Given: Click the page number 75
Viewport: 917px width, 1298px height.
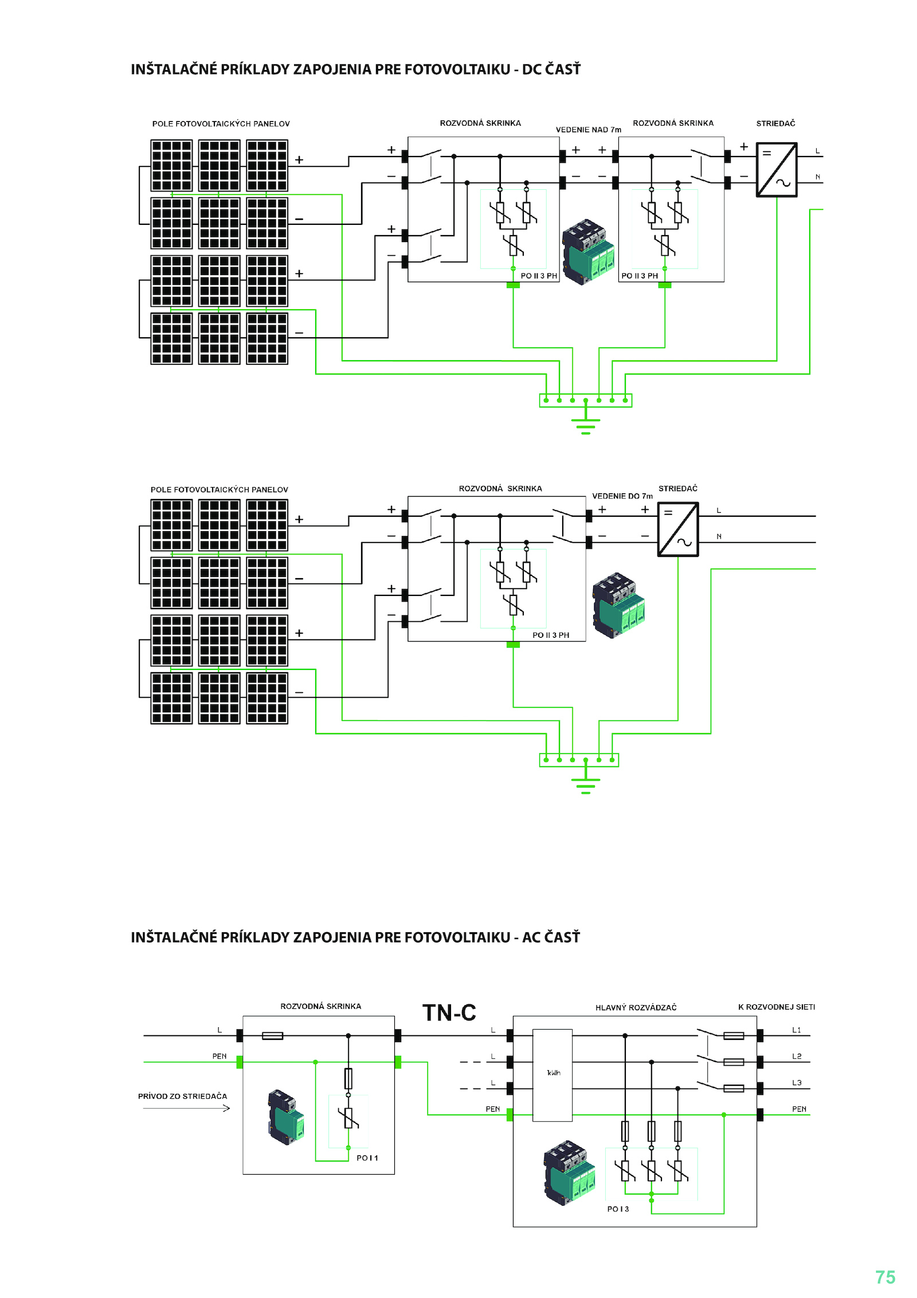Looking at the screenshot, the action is (885, 1277).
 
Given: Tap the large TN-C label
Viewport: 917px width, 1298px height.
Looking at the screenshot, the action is (449, 1012).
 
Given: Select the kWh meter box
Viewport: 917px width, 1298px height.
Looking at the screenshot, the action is (552, 1075).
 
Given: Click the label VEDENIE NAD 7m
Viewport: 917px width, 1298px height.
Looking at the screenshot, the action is (589, 130).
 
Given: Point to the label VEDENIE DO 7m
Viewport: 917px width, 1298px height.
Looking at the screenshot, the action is (622, 496).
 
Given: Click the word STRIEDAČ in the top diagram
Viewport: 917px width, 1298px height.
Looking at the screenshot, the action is (775, 123).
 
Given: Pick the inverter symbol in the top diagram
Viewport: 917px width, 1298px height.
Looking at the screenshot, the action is (777, 170).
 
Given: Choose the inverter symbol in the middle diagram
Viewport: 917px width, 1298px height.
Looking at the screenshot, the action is (678, 529).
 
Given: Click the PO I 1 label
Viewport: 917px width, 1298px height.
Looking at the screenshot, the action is (367, 1158).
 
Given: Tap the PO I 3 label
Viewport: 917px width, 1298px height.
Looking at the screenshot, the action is (618, 1209).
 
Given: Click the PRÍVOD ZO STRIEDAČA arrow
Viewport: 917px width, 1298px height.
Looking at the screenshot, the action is (186, 1108).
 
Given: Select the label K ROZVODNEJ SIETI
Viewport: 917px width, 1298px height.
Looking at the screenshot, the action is (777, 1007).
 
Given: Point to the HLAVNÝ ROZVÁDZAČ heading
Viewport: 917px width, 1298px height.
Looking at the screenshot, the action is (636, 1007).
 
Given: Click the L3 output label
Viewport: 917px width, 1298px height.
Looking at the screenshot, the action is (797, 1083).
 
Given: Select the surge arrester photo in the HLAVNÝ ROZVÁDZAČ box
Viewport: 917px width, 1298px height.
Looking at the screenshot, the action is (569, 1173).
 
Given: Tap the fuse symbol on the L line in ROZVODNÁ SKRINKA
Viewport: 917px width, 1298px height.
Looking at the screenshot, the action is (272, 1036).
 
